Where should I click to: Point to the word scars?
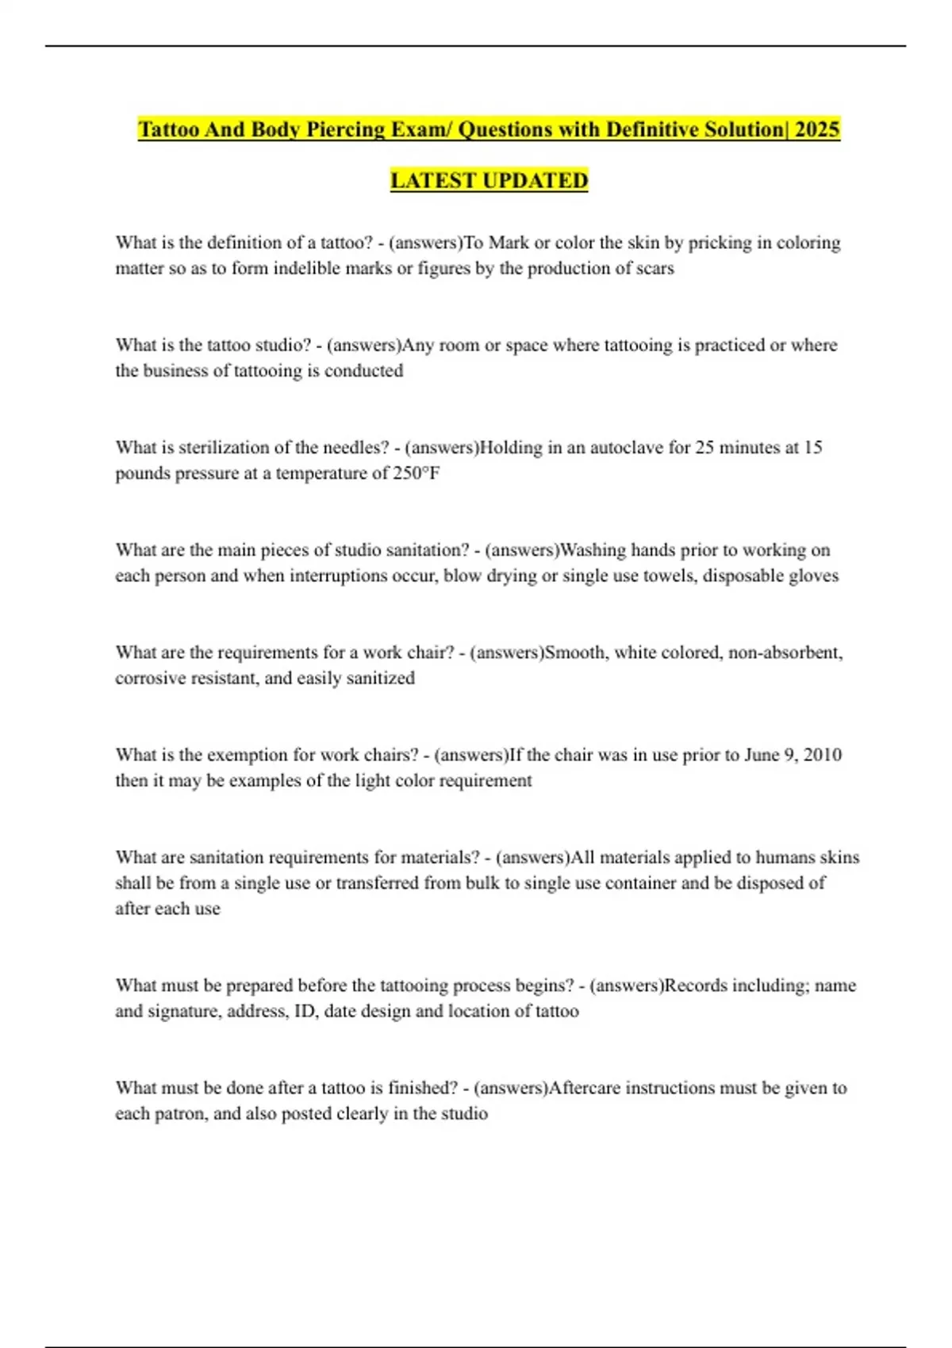(x=654, y=268)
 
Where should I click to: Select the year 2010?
(x=823, y=755)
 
